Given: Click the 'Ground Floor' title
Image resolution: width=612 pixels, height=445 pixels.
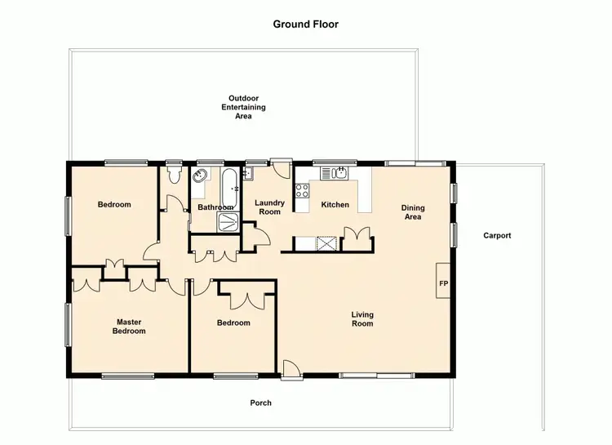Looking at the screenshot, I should coord(305,24).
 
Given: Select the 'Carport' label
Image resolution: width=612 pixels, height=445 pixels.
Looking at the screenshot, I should coord(497,235).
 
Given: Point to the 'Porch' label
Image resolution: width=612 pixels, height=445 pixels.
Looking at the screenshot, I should coord(260,403).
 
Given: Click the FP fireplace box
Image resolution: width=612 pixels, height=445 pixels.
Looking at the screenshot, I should coord(444,283).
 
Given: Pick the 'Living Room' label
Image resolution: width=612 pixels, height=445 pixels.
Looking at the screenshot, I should coord(362,318).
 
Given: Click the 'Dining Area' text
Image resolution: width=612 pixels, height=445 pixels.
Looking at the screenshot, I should coord(413,212).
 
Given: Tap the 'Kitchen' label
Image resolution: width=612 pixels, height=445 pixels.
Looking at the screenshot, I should coord(335,204).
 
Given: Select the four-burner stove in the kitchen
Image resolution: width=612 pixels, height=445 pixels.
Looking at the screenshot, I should coord(302,192).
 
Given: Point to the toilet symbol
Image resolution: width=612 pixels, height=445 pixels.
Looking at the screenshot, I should coord(172,176).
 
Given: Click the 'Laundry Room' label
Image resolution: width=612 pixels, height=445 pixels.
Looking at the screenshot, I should coord(269,207).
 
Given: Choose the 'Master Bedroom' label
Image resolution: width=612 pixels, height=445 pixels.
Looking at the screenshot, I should coord(129,327).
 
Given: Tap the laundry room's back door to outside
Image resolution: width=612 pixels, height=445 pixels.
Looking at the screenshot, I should coord(281,169).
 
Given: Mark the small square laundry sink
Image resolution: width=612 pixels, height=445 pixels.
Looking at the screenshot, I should coord(250,173).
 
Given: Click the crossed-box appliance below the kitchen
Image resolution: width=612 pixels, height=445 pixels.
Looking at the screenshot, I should coord(326,243).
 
